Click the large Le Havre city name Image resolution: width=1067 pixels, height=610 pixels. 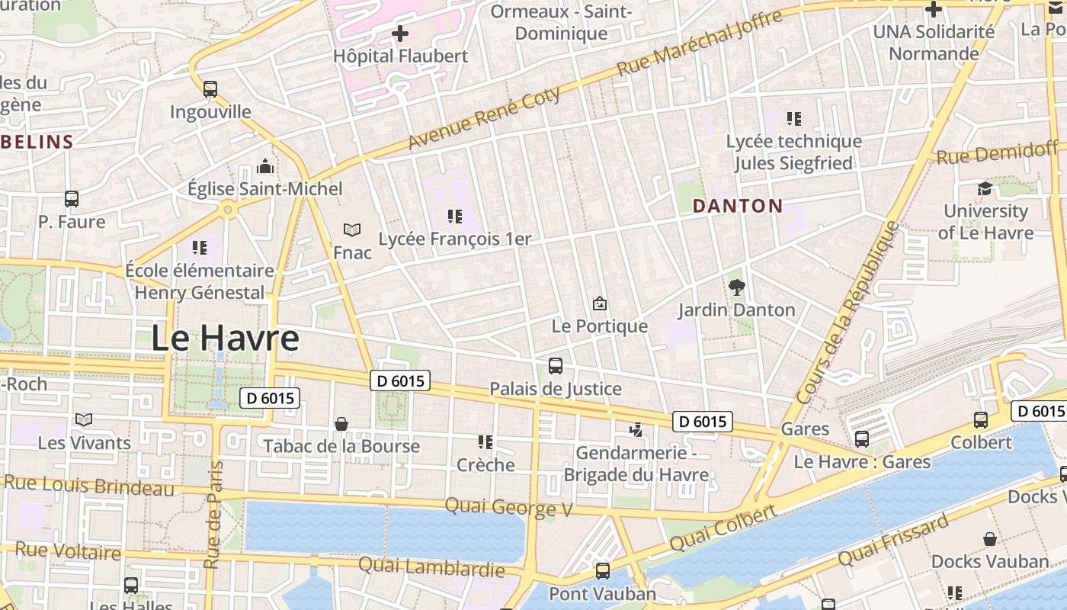point(225,338)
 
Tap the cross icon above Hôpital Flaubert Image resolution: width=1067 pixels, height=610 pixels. point(400,34)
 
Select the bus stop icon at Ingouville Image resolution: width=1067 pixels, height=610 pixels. point(210,89)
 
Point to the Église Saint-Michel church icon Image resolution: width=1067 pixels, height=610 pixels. point(265,166)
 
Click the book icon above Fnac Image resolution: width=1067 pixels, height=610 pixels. point(351,230)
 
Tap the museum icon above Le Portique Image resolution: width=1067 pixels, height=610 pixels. point(600,303)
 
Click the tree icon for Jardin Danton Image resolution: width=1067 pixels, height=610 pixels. point(736,287)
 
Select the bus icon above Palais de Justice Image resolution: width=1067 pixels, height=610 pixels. point(556,366)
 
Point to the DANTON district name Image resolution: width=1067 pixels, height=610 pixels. point(737,206)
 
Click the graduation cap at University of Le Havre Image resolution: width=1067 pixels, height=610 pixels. point(985,188)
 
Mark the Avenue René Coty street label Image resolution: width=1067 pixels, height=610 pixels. point(485,118)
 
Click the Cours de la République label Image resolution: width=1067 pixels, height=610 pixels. point(848,313)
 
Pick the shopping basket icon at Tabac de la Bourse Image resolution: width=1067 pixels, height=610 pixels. point(341,424)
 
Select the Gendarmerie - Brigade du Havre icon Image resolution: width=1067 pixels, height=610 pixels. point(636,431)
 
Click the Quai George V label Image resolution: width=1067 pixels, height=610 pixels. point(508,507)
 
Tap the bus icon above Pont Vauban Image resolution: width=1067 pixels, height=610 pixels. point(602,571)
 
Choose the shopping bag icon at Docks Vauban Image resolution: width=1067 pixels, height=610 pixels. point(990,540)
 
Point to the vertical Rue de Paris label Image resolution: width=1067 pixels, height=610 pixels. point(214,515)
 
